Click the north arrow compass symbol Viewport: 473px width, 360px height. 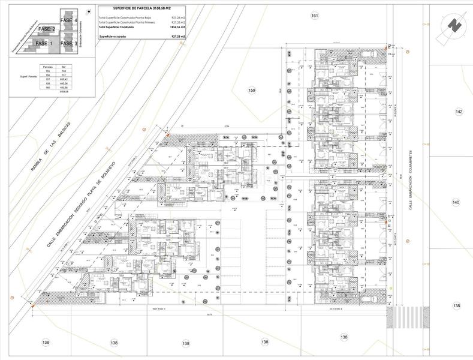(454, 26)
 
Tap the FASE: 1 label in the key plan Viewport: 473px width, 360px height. (44, 43)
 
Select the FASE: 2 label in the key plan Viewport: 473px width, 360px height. (46, 29)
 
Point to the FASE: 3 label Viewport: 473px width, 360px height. (68, 43)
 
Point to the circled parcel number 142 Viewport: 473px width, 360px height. (459, 112)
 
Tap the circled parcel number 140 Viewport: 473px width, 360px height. (456, 203)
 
